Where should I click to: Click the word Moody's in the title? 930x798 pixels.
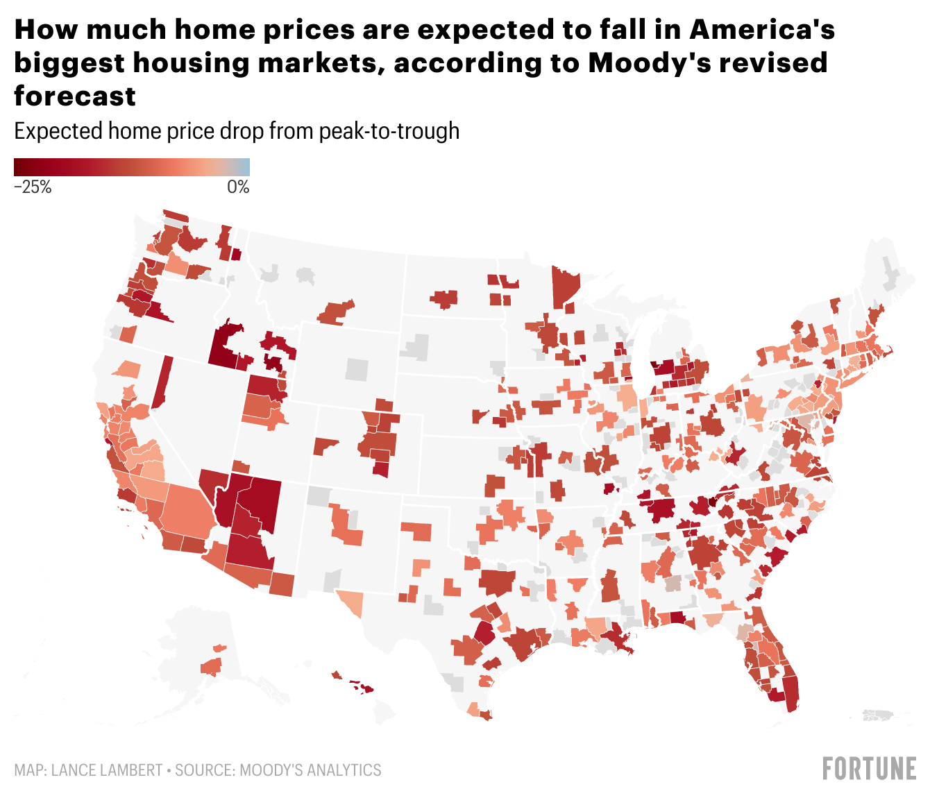click(639, 62)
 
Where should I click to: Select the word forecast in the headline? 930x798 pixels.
click(75, 96)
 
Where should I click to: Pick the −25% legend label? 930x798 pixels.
click(33, 187)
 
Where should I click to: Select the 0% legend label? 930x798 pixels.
click(238, 187)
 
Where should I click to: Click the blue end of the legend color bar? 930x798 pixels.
click(244, 167)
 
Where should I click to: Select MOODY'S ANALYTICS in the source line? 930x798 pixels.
click(310, 770)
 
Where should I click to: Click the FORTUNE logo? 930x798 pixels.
click(869, 769)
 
